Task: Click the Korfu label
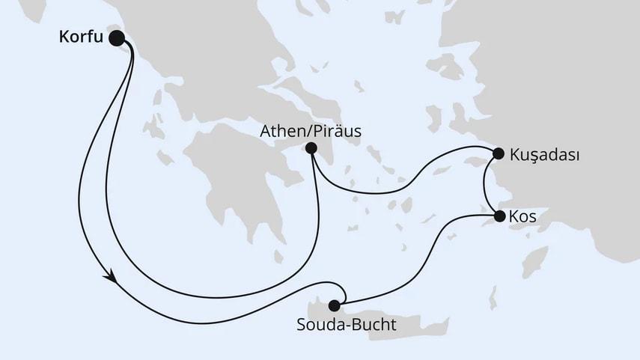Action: [80, 36]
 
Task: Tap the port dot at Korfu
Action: [117, 37]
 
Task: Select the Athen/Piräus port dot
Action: [311, 148]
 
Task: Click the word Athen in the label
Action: [280, 131]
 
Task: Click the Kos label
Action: [522, 217]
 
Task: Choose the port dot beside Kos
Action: [499, 217]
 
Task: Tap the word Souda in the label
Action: [322, 325]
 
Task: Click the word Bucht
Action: [374, 325]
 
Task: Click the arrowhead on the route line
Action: [112, 278]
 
